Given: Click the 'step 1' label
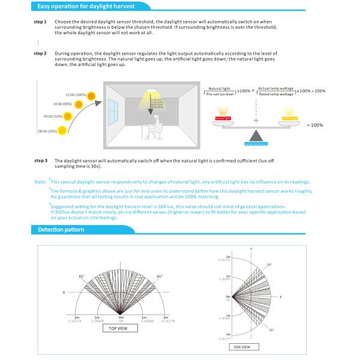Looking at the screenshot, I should [41, 22].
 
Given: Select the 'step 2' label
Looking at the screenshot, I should [41, 53].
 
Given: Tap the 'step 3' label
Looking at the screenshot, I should [41, 161].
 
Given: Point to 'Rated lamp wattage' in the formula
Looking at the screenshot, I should [276, 94].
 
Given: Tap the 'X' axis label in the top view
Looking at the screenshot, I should [63, 292].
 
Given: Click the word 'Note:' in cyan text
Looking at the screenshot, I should [40, 181].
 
